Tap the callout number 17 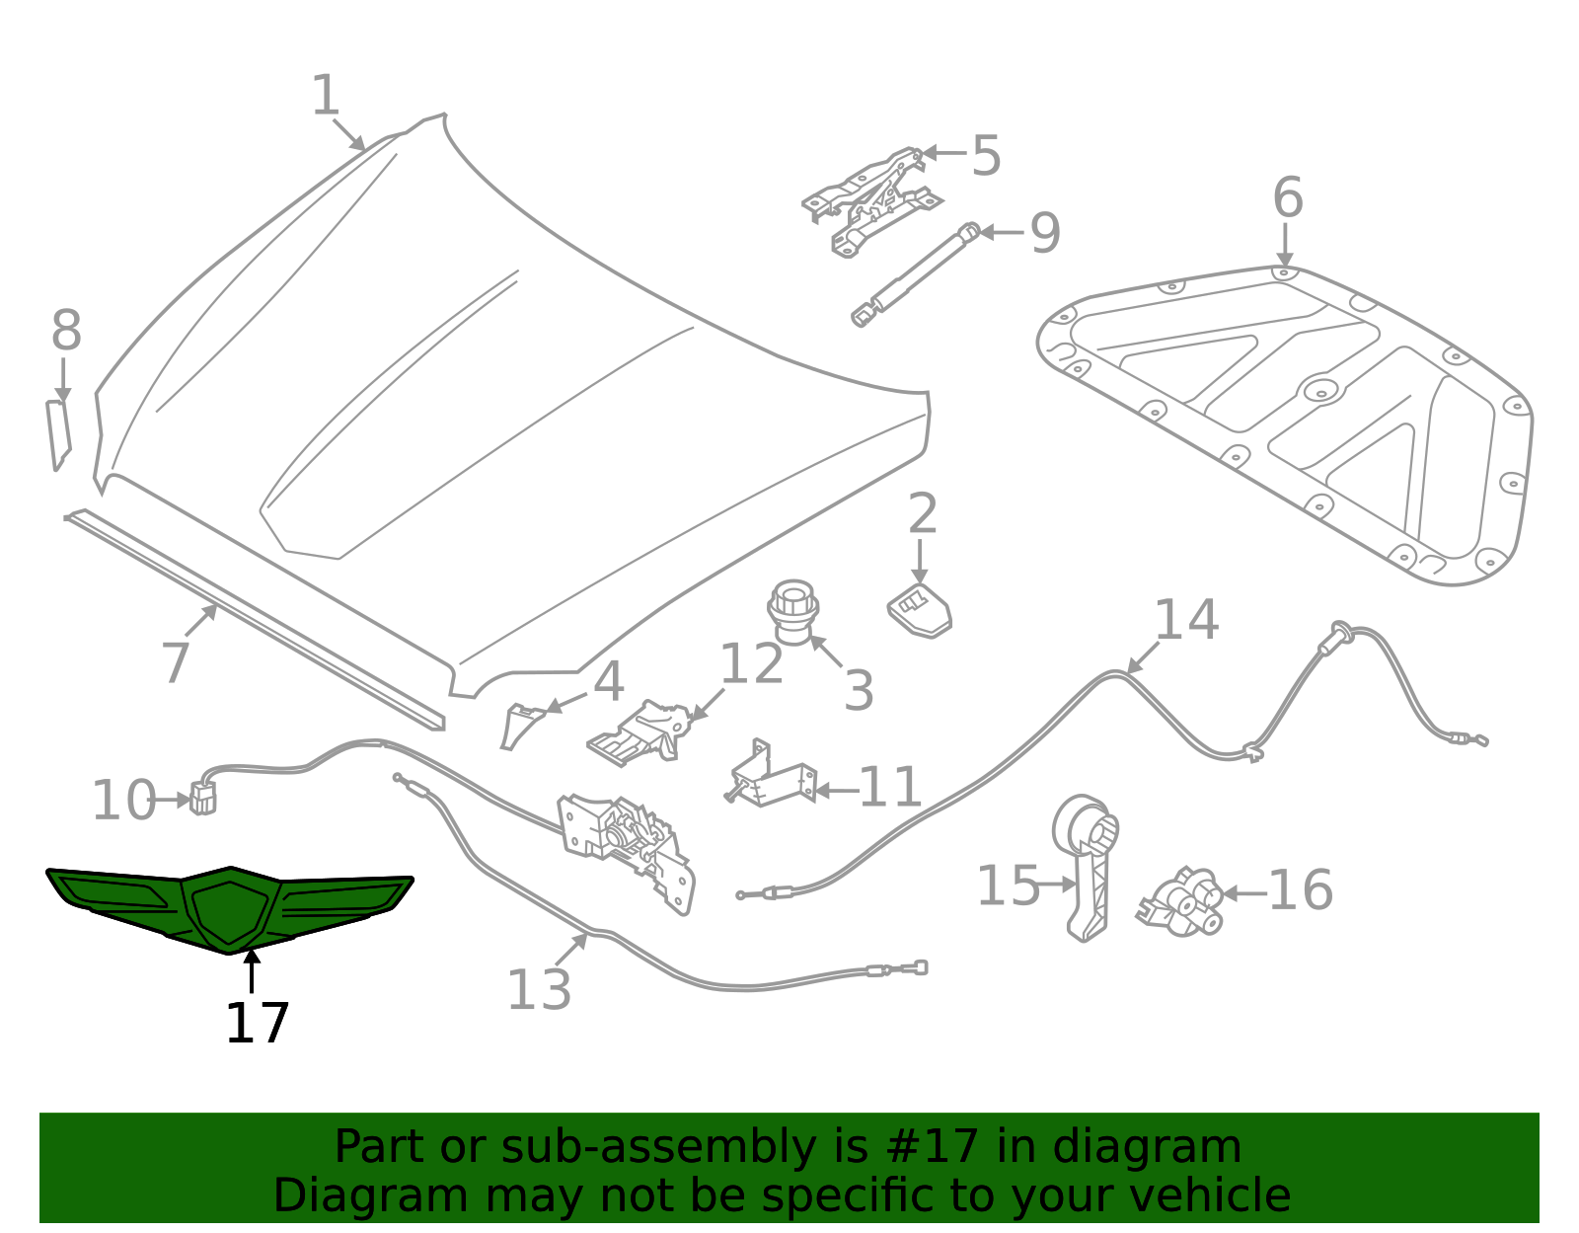point(257,1024)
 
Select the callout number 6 point(1288,198)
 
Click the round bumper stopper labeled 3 point(792,610)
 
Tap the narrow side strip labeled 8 point(58,432)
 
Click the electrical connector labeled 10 point(202,798)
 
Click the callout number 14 point(1185,620)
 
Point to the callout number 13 point(539,989)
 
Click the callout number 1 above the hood point(326,97)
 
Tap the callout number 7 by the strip point(175,662)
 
